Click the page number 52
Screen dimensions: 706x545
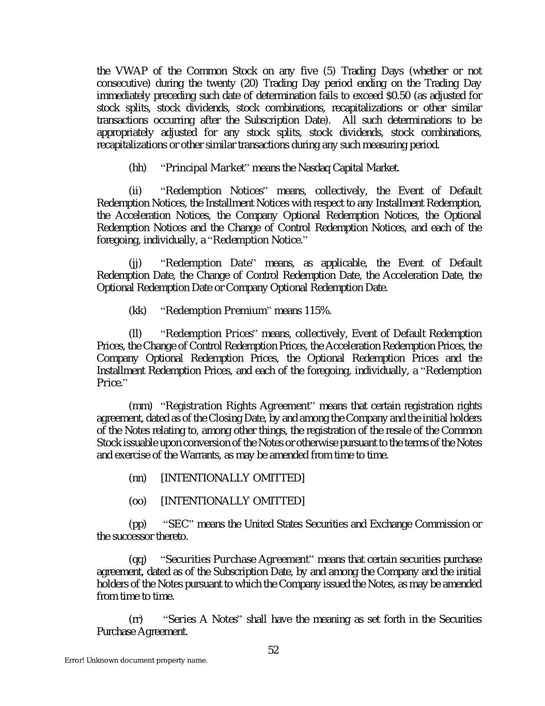pyautogui.click(x=273, y=650)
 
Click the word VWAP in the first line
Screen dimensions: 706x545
pyautogui.click(x=132, y=71)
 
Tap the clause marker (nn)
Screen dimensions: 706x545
pyautogui.click(x=137, y=478)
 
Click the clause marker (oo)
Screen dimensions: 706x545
pyautogui.click(x=137, y=501)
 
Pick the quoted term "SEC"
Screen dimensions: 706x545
pyautogui.click(x=178, y=524)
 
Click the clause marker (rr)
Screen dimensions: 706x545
pyautogui.click(x=135, y=619)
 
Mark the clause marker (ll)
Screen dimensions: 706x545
pyautogui.click(x=135, y=334)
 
